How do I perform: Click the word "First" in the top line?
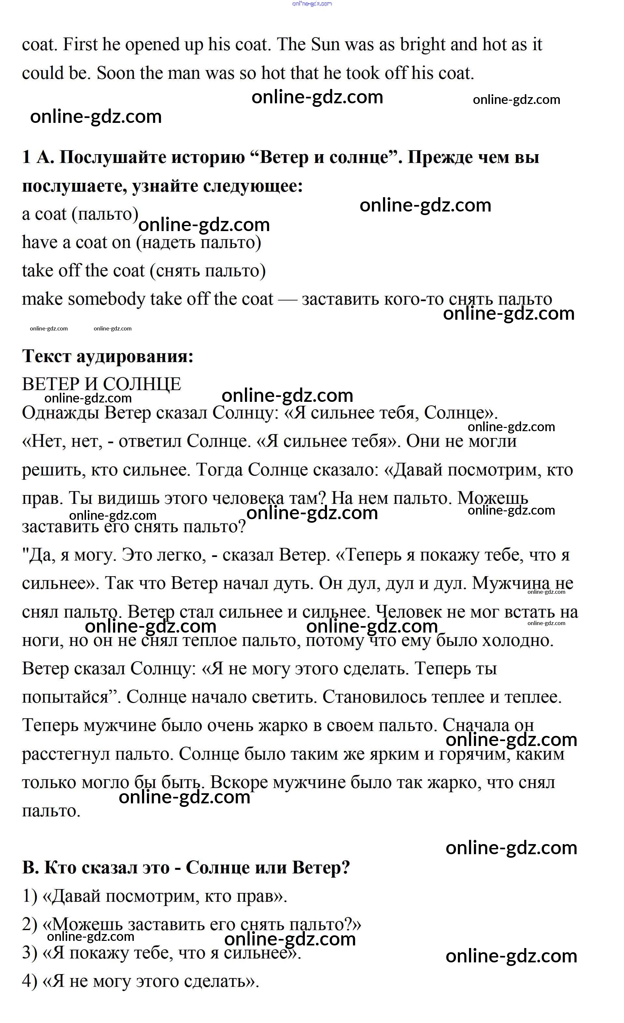point(80,44)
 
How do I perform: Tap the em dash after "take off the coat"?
point(288,299)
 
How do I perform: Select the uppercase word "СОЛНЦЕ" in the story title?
point(142,384)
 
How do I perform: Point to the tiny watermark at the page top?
point(312,4)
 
